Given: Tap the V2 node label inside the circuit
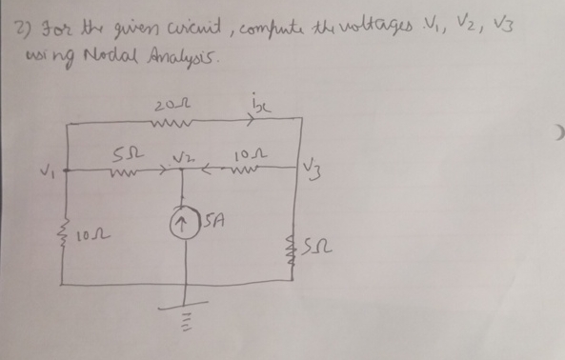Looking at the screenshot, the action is pos(179,155).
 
